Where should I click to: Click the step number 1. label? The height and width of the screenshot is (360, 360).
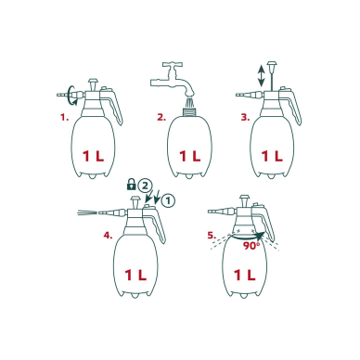pos(64,118)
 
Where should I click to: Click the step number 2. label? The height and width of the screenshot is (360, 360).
pos(161,118)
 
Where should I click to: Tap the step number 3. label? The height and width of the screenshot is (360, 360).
pos(245,118)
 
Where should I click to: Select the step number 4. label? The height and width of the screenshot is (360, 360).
pos(108,236)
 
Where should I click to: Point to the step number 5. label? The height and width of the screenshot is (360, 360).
pos(212,236)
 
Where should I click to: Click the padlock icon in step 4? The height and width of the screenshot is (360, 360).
pos(132,184)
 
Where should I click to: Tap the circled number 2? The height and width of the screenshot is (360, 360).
pos(145,186)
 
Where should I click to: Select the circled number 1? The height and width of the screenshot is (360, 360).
pos(168,200)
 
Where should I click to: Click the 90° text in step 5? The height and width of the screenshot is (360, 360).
pos(251,246)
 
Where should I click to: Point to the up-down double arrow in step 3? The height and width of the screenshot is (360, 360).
pos(262,75)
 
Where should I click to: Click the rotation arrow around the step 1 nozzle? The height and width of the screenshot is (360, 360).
pos(73,96)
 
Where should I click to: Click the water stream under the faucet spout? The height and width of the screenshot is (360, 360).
pos(189,102)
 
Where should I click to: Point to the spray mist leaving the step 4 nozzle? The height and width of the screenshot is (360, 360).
pos(86,213)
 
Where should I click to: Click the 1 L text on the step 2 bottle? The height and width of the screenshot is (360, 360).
pos(190,157)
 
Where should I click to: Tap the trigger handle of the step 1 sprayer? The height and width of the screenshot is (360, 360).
pos(111,106)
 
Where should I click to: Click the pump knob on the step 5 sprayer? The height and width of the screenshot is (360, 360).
pos(245,200)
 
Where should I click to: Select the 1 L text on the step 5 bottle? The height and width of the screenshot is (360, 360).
pos(244,275)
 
